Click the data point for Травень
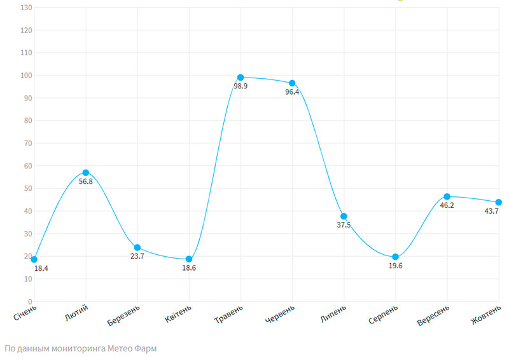tap(241, 78)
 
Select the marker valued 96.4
tap(292, 83)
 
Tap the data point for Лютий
tap(86, 173)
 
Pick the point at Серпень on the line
tap(396, 257)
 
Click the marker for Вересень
tap(447, 197)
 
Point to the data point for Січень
tap(34, 259)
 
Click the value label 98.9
tap(241, 86)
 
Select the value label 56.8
tap(87, 182)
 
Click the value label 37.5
tap(344, 225)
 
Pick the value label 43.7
tap(491, 211)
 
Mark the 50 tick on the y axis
tap(27, 189)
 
